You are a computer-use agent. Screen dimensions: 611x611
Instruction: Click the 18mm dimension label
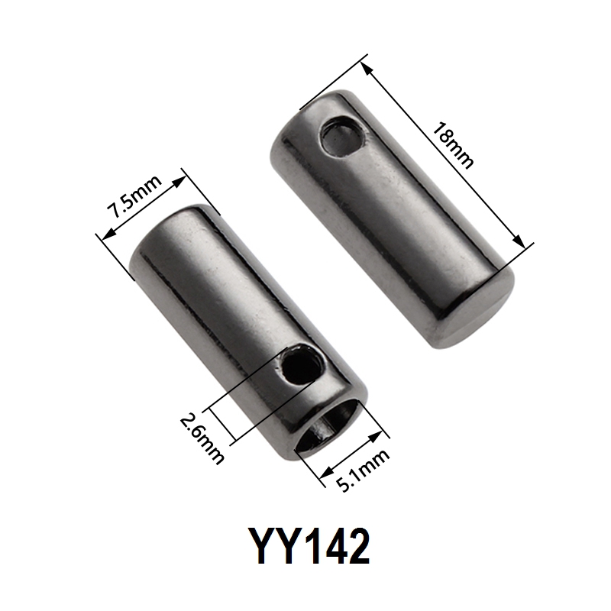453,145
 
